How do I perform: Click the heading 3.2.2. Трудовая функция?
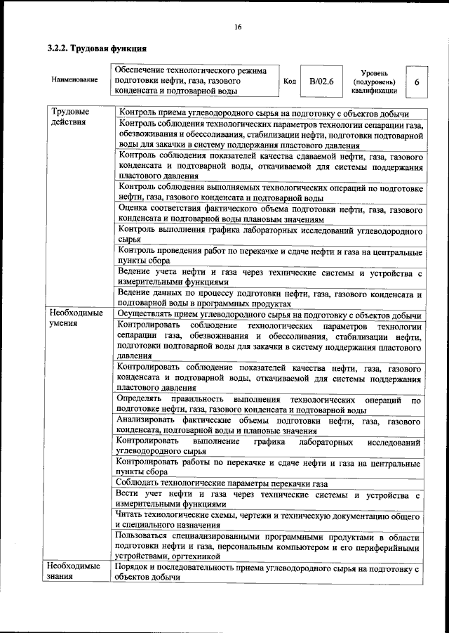click(x=97, y=49)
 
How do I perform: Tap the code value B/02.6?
click(x=321, y=81)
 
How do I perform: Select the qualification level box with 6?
click(x=417, y=81)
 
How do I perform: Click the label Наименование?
click(x=74, y=80)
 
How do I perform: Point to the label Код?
click(x=288, y=81)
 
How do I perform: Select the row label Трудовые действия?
click(x=69, y=117)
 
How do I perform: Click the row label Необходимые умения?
click(x=75, y=318)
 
